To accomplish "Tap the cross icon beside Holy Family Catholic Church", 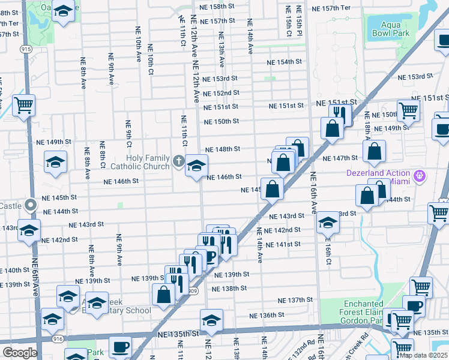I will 178,161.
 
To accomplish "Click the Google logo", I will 19,353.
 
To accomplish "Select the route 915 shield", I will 26,49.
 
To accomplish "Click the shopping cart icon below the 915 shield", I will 23,106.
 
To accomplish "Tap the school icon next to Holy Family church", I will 196,166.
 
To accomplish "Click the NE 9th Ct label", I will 128,133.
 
